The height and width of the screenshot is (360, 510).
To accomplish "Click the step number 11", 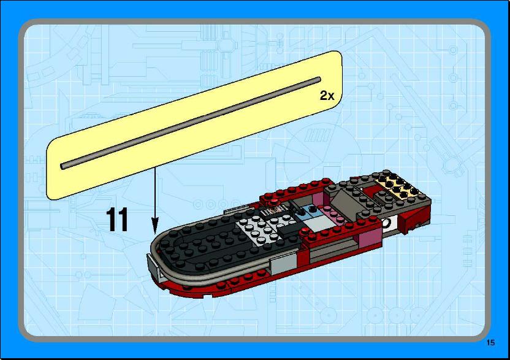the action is [117, 220].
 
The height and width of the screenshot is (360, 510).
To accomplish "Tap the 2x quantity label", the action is [327, 96].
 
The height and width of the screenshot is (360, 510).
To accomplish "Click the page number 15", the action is [490, 342].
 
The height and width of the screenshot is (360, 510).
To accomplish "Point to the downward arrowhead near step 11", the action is [155, 227].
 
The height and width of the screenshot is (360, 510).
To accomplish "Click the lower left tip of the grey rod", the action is [63, 166].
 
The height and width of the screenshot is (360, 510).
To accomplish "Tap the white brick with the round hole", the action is [390, 224].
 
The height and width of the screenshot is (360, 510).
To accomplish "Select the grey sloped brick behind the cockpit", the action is [346, 203].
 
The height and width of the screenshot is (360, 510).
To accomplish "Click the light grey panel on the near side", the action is [283, 263].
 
